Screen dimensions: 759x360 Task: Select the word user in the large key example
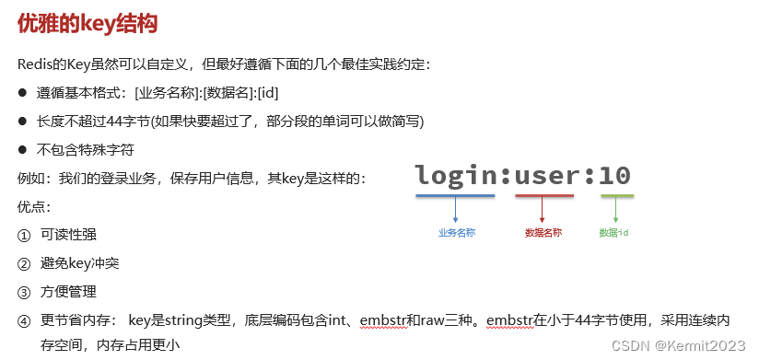[x=544, y=175]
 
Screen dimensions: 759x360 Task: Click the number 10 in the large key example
[x=615, y=175]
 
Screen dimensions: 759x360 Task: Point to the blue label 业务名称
[x=456, y=233]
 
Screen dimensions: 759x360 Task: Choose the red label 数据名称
[x=543, y=233]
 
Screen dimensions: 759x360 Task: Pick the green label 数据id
[x=613, y=233]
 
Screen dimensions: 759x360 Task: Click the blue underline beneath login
[x=455, y=195]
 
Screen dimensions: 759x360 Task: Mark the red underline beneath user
[x=544, y=195]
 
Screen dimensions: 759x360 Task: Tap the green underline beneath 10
[x=616, y=195]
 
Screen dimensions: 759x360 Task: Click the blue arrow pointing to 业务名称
[x=455, y=211]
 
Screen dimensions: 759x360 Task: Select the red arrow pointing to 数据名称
[x=543, y=211]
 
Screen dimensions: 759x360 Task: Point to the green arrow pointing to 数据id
[x=615, y=211]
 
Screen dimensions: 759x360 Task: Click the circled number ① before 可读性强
[x=24, y=235]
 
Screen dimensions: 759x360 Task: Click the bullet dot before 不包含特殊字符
[x=23, y=149]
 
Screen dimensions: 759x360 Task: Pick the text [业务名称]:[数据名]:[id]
[x=206, y=93]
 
